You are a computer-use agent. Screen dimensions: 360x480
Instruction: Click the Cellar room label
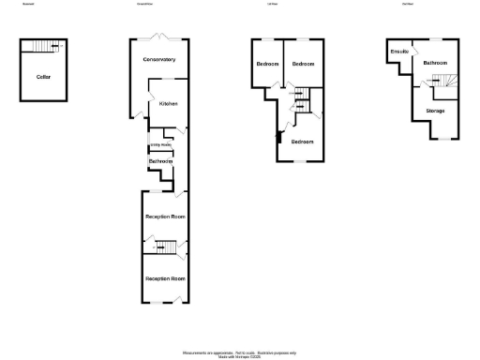(43, 76)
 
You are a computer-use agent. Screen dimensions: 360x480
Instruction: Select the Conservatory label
(159, 60)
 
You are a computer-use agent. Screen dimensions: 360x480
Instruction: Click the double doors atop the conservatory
(160, 37)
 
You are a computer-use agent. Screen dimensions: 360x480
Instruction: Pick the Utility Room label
(160, 145)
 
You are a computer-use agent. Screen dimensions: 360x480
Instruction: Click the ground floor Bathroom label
(160, 162)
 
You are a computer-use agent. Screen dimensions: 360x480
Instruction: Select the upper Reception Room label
(165, 217)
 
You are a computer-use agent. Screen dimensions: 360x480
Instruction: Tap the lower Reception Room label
(165, 278)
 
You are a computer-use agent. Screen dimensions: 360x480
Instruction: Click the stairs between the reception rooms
(166, 247)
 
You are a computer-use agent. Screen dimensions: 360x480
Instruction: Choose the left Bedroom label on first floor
(267, 64)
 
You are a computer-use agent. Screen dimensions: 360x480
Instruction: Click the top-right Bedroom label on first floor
(302, 64)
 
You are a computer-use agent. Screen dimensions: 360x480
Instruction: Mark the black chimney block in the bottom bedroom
(277, 139)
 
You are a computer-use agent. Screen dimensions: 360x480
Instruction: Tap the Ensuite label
(398, 52)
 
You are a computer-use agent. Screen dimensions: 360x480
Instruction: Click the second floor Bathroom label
(434, 63)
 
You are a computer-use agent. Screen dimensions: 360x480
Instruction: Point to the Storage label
(435, 111)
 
